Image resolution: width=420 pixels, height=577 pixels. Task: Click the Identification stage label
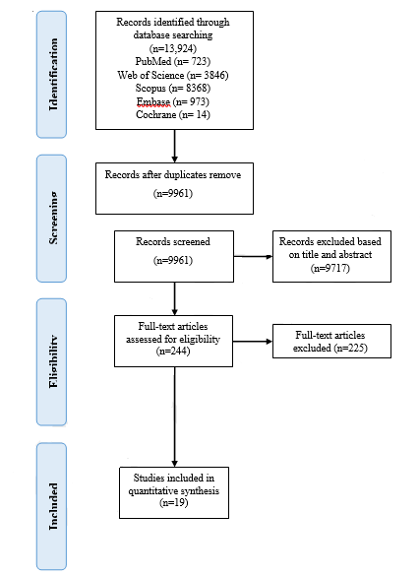coord(53,74)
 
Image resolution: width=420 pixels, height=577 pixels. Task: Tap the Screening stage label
coord(53,218)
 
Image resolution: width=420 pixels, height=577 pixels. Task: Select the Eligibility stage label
coord(53,361)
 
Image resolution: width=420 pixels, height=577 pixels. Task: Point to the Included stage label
coord(53,506)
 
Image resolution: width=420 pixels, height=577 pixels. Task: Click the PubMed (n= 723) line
coord(173,61)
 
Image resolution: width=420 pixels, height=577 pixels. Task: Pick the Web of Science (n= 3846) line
coord(173,75)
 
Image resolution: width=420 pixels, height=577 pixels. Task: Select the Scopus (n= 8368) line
coord(173,89)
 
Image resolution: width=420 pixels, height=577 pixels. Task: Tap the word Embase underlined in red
coord(153,101)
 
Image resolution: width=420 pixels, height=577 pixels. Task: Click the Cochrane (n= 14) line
coord(173,115)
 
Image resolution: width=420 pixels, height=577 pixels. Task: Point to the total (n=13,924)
coord(173,48)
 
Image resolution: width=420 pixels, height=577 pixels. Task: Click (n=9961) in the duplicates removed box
coord(173,194)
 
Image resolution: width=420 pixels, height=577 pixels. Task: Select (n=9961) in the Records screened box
coord(173,261)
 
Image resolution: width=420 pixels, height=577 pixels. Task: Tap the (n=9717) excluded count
coord(330,268)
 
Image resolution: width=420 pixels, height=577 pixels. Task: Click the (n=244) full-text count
coord(173,352)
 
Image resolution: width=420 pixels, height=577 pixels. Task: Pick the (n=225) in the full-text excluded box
coord(350,348)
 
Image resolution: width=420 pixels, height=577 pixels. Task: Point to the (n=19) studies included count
coord(174,503)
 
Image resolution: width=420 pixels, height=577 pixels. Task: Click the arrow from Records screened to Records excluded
coord(253,256)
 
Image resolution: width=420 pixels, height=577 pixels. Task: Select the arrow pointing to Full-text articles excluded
coord(253,342)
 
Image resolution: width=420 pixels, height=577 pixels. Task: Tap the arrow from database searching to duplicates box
coord(174,146)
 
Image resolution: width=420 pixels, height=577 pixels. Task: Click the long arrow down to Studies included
coord(174,417)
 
